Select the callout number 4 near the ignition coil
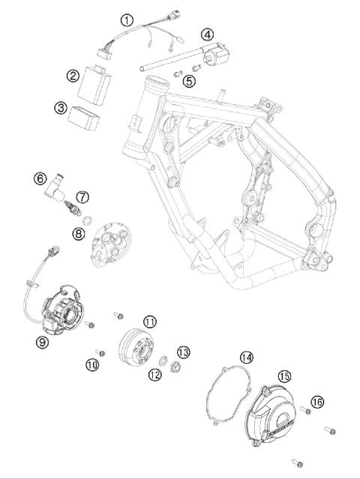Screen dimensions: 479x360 [206, 33]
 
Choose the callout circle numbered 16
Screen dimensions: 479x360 [318, 403]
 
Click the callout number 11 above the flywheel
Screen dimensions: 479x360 [150, 322]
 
